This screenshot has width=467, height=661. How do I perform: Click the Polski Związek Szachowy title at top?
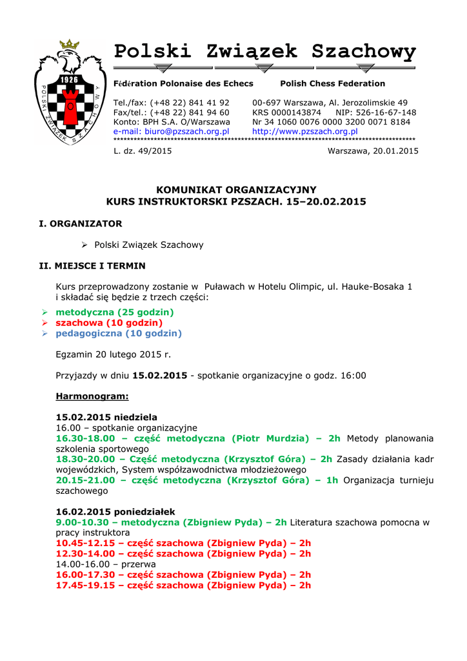264,52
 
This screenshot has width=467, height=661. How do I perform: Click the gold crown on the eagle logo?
69,45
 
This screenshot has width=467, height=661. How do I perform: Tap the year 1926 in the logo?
69,79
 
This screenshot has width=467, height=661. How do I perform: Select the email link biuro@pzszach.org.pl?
171,131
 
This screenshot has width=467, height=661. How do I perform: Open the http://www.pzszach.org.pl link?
304,131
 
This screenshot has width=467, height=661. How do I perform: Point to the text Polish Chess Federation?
332,84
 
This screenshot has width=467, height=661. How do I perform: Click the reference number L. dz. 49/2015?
143,151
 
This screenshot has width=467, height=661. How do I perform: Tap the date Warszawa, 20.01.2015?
373,151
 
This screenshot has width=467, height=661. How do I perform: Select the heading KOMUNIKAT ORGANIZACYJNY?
237,190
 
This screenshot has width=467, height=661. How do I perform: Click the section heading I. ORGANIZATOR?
81,223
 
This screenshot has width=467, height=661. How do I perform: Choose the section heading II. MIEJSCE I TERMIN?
92,265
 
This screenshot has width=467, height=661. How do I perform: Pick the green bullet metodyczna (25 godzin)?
115,312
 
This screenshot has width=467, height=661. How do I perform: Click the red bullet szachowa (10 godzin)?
109,323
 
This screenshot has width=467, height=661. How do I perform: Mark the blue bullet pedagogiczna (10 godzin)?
119,334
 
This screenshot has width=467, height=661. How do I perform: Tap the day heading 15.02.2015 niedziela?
106,418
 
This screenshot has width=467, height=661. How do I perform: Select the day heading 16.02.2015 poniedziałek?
115,512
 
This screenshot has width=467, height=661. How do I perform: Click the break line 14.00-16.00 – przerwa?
106,564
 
